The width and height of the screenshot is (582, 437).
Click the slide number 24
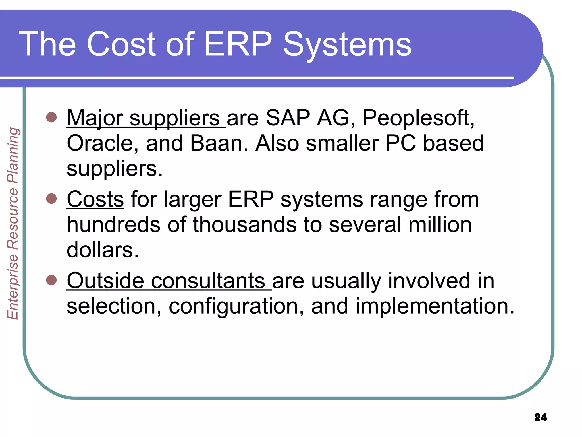click(x=540, y=417)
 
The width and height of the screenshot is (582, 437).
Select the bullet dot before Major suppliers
click(x=51, y=117)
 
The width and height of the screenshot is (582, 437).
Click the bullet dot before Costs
click(x=51, y=198)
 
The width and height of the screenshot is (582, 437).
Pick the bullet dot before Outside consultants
click(x=51, y=280)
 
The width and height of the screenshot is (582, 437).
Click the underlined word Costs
click(x=95, y=199)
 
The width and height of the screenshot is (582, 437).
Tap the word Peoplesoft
click(x=418, y=118)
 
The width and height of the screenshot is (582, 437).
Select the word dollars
click(x=103, y=250)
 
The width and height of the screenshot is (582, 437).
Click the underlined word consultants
click(x=208, y=281)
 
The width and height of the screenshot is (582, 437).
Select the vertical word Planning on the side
click(x=13, y=155)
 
